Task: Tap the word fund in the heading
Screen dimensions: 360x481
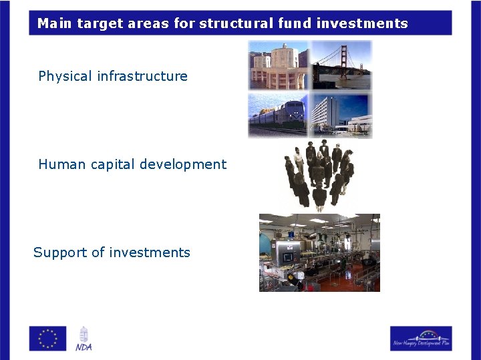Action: point(295,23)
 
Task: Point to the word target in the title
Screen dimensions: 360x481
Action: point(98,23)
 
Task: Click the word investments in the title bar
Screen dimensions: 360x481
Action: point(362,23)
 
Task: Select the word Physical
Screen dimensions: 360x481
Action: point(65,76)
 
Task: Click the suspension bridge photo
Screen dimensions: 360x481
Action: point(341,65)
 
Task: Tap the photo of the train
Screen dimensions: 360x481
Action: point(277,115)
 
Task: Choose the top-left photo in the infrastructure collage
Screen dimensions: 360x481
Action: point(278,65)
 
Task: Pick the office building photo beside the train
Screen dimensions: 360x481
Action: point(341,115)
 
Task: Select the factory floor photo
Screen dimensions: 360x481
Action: point(319,252)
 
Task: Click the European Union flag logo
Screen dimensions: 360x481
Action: point(47,338)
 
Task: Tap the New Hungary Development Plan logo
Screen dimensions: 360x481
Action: point(421,338)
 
